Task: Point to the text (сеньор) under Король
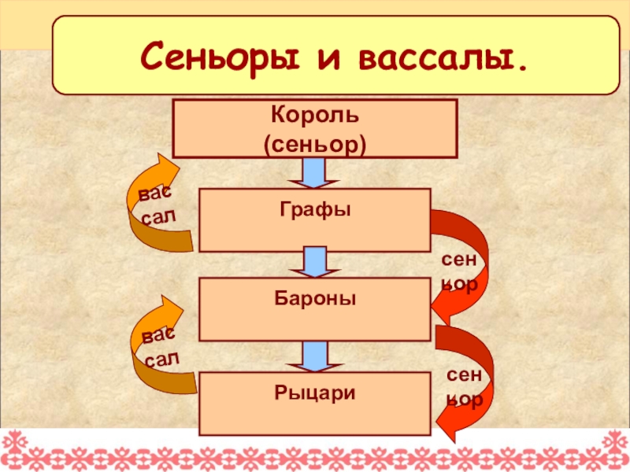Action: [x=315, y=144]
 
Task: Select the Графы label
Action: [x=315, y=210]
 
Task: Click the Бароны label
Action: [x=315, y=299]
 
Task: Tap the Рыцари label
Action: [x=315, y=391]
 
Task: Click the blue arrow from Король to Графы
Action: [x=315, y=172]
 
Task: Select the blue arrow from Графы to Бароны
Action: [x=315, y=263]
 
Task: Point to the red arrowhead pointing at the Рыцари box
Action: [x=445, y=425]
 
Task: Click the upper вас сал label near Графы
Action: [x=154, y=205]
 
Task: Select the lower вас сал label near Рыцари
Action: [x=161, y=348]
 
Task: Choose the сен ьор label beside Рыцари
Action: [x=465, y=389]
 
